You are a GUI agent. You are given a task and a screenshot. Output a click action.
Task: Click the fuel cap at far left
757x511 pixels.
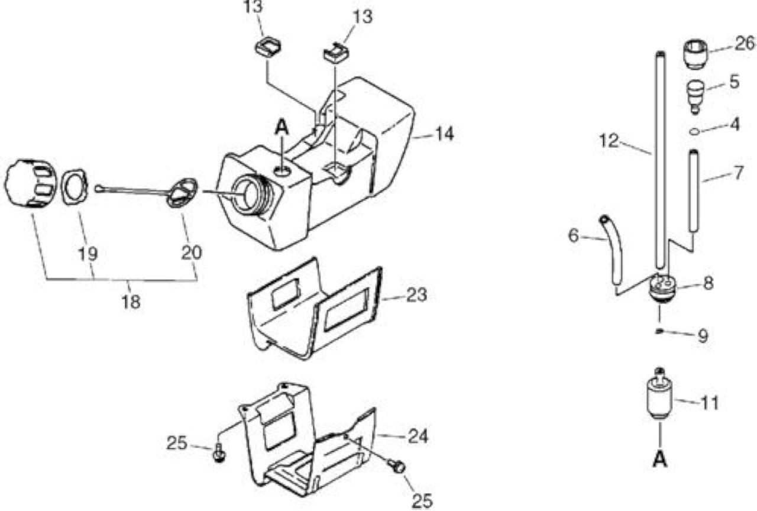click(x=30, y=183)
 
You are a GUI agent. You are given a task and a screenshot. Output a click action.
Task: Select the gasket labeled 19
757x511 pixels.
click(x=75, y=187)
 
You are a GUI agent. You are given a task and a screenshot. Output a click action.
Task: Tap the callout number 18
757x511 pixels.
click(x=131, y=302)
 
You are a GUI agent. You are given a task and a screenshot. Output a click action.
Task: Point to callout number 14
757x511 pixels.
click(x=444, y=134)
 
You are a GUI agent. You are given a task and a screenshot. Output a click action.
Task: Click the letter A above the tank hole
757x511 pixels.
click(x=282, y=128)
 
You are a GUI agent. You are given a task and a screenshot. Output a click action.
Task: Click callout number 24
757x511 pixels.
click(x=418, y=436)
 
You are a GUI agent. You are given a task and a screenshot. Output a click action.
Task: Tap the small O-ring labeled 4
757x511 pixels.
click(x=695, y=131)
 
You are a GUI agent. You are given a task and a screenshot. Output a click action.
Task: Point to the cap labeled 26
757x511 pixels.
click(x=695, y=54)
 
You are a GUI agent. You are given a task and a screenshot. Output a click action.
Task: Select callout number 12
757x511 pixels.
click(x=609, y=141)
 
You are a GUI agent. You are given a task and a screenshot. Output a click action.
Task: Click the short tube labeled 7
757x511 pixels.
click(x=694, y=191)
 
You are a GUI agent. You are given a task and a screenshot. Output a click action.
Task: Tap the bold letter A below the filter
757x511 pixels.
click(x=660, y=459)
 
